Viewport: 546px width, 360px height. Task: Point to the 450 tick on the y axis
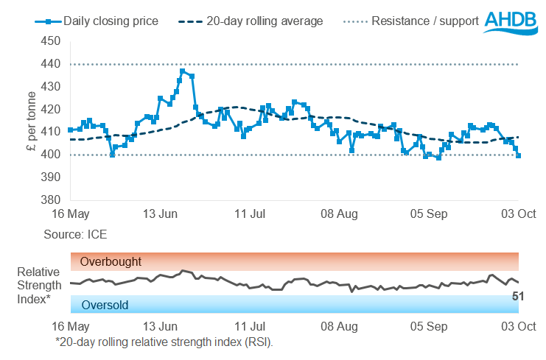pyautogui.click(x=50, y=42)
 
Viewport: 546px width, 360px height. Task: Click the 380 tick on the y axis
pyautogui.click(x=50, y=200)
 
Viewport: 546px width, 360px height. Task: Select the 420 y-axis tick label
pyautogui.click(x=50, y=110)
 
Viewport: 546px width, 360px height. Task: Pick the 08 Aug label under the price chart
pyautogui.click(x=340, y=214)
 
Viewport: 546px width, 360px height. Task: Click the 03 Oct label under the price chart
pyautogui.click(x=519, y=214)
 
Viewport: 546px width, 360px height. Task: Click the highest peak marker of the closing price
pyautogui.click(x=182, y=71)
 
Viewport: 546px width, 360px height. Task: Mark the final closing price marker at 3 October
pyautogui.click(x=519, y=155)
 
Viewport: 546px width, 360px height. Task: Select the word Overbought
pyautogui.click(x=111, y=261)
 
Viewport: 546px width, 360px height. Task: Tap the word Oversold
pyautogui.click(x=105, y=304)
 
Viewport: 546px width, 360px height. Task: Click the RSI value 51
pyautogui.click(x=518, y=296)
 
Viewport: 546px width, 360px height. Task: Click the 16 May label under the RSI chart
pyautogui.click(x=71, y=326)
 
